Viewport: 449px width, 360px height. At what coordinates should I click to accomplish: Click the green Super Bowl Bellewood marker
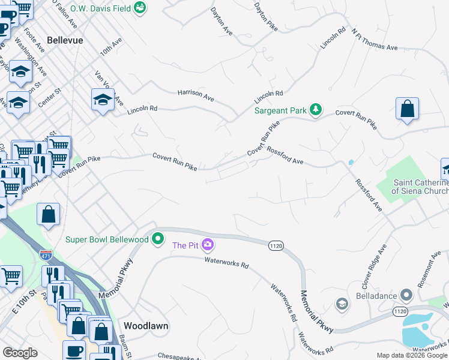click(158, 239)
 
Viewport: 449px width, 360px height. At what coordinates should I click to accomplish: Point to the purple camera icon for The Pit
click(208, 245)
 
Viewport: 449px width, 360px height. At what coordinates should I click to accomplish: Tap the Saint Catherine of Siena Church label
click(420, 187)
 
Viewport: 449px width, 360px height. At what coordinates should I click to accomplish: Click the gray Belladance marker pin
click(406, 296)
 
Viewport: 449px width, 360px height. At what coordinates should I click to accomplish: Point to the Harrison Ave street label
click(196, 94)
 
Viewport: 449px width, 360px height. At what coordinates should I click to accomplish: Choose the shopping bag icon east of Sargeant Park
click(407, 110)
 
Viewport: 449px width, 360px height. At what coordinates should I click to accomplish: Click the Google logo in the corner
click(20, 353)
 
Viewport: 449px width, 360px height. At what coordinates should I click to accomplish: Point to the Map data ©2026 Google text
click(411, 356)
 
